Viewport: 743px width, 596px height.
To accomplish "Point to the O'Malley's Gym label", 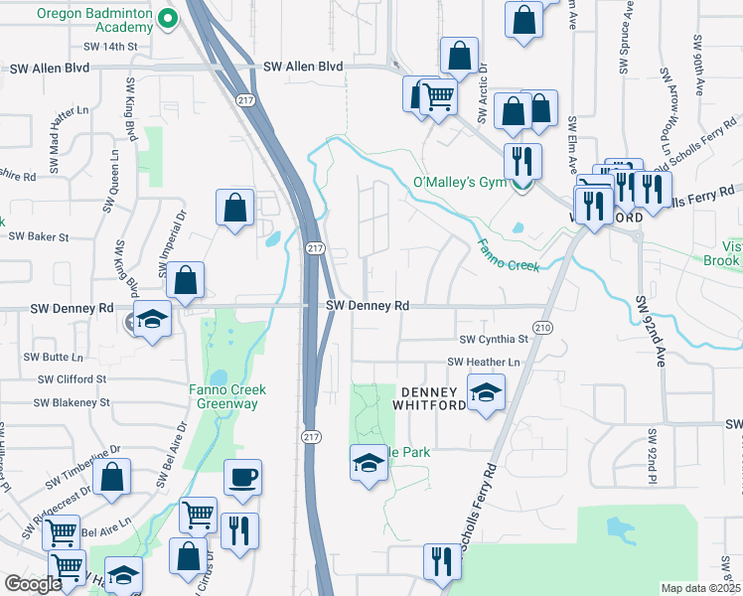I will pos(459,182).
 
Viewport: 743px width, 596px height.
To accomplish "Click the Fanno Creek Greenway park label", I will pos(223,396).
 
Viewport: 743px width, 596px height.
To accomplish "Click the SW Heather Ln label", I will pos(484,363).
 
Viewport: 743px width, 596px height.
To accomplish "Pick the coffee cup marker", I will pos(242,477).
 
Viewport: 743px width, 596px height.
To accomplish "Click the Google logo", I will pos(33,584).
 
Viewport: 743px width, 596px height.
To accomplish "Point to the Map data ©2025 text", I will pos(701,588).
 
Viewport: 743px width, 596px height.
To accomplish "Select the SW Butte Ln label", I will pos(54,357).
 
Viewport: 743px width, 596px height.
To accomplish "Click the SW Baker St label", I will pos(39,237).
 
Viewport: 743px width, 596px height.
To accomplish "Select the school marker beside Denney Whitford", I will pos(486,394).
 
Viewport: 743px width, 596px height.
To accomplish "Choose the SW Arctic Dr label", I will pos(483,95).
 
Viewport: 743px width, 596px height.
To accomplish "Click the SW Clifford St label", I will pos(72,379).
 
